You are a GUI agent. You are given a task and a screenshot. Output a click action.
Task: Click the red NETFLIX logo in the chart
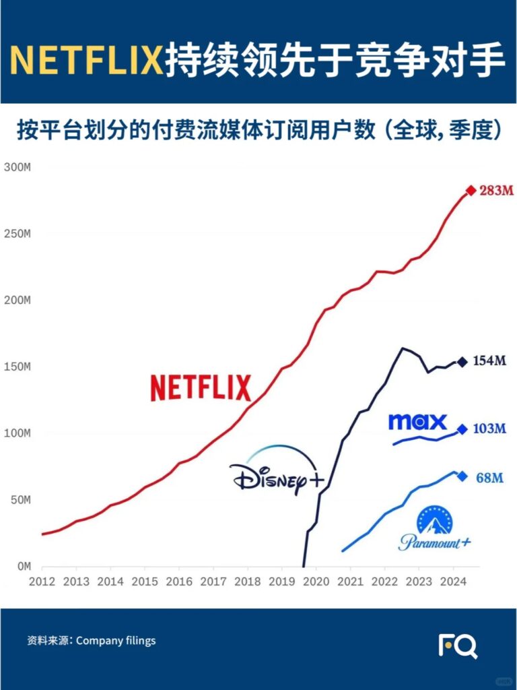click(x=201, y=388)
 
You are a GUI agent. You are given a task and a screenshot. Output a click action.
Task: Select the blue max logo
click(x=417, y=422)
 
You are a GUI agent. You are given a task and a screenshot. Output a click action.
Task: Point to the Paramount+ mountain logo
click(x=435, y=530)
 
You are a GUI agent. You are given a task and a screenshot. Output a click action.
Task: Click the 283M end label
click(x=497, y=191)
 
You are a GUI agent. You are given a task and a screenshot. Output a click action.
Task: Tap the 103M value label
click(x=490, y=429)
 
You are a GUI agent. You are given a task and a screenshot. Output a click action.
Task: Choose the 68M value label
click(x=489, y=477)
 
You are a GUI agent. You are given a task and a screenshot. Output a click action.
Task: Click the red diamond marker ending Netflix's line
click(x=471, y=191)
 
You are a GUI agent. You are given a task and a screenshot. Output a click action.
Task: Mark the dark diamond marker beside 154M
click(x=462, y=362)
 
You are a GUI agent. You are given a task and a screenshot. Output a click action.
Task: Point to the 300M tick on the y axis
click(x=18, y=167)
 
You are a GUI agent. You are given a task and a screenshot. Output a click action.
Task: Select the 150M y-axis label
click(x=18, y=367)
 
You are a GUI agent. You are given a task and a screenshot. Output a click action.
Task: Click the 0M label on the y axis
click(x=23, y=566)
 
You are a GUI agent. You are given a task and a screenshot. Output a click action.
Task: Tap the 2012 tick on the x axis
click(x=42, y=582)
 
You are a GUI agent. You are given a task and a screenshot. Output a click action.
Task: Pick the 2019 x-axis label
click(x=281, y=582)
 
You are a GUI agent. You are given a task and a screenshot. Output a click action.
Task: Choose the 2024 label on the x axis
click(x=453, y=582)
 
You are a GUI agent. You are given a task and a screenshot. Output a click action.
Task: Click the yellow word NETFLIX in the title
click(x=87, y=61)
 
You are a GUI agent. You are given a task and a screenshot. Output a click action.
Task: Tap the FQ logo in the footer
click(x=458, y=646)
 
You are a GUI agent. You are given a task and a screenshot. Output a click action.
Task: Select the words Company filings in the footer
click(x=116, y=641)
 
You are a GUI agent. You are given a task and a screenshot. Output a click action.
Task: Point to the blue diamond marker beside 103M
click(x=462, y=429)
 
